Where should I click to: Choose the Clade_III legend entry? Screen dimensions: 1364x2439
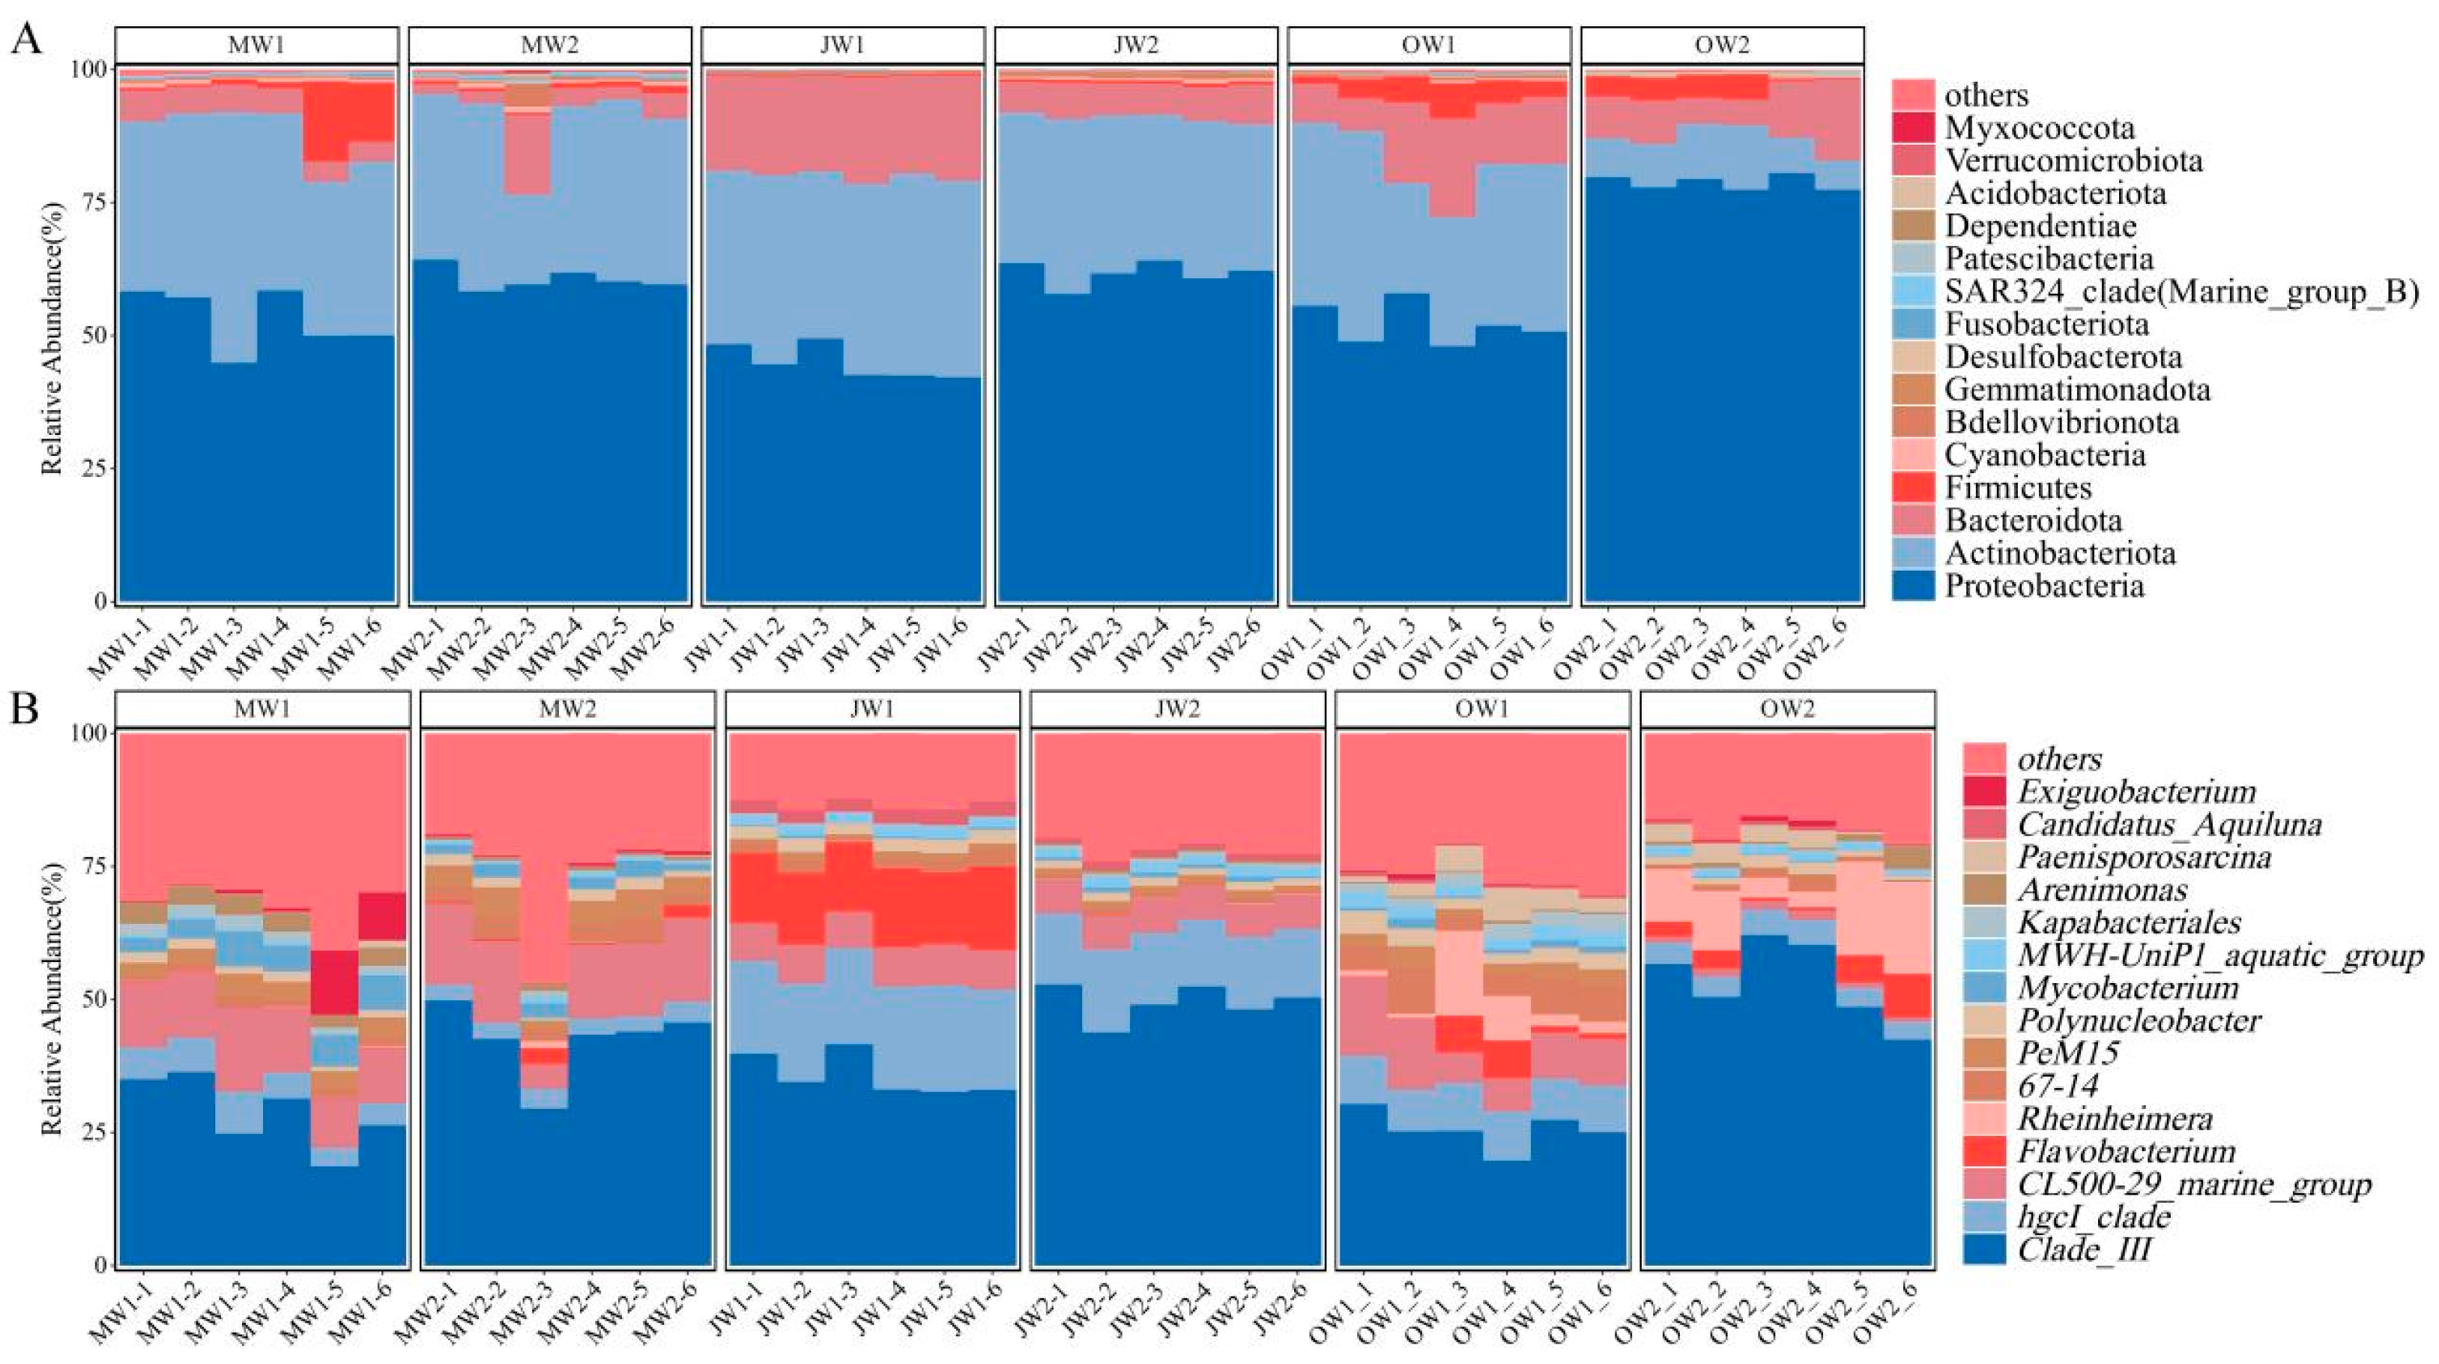tap(2084, 1249)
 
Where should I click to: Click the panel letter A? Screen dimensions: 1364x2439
tap(25, 40)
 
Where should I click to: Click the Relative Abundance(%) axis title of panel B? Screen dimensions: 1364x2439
tap(52, 1000)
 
